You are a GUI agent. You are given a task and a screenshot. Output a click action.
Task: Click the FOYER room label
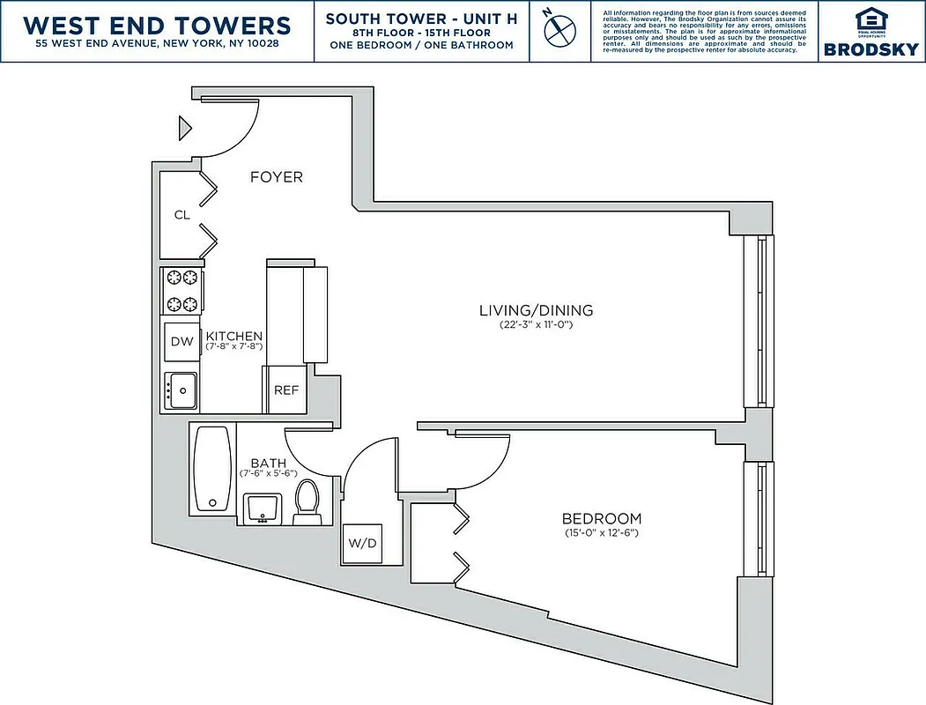[x=276, y=177]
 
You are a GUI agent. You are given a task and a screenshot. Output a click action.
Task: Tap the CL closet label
[x=181, y=214]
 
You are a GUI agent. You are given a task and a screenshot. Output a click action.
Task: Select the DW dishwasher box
[x=181, y=341]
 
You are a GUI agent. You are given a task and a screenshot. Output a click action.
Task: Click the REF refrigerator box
[x=285, y=390]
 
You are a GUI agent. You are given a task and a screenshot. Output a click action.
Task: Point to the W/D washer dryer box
[x=361, y=543]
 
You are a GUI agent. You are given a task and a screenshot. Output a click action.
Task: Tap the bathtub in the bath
[x=211, y=469]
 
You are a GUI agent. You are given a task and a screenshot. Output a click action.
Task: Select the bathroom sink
[x=262, y=508]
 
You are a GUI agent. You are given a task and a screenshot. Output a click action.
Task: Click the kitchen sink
[x=181, y=390]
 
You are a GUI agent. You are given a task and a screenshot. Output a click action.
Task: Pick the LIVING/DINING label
[x=536, y=310]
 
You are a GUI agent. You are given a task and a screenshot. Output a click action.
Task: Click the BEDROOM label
[x=603, y=519]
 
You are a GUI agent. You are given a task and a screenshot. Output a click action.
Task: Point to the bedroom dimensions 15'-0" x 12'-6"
[x=603, y=533]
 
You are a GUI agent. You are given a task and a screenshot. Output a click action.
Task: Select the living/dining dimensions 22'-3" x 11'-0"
[x=536, y=324]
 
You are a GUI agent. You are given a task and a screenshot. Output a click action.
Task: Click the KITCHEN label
[x=233, y=336]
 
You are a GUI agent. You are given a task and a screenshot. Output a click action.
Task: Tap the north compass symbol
[x=559, y=29]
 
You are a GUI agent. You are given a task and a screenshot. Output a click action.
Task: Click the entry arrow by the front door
[x=185, y=128]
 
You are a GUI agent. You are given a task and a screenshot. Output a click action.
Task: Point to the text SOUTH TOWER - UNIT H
[x=420, y=19]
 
